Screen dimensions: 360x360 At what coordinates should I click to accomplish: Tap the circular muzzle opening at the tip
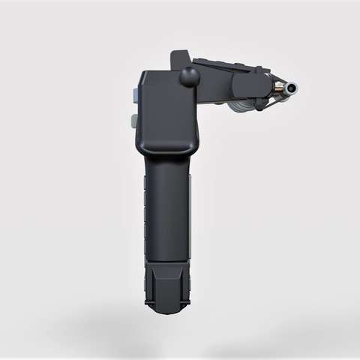tap(290, 89)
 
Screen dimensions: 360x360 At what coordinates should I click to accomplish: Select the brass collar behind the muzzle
tap(278, 89)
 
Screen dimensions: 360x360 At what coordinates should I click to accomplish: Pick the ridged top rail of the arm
tap(225, 62)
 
